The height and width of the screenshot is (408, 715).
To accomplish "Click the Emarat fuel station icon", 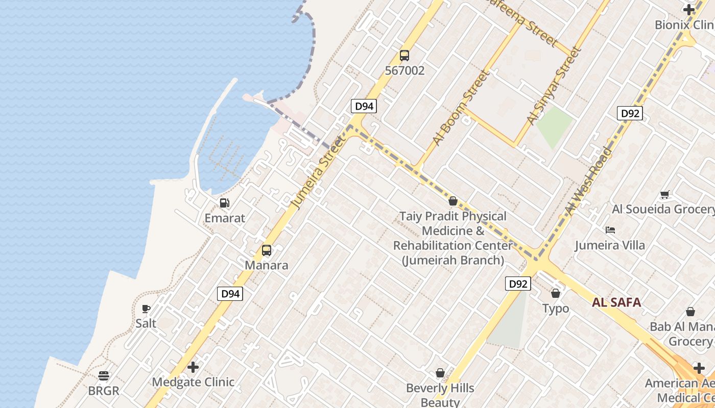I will [x=224, y=203].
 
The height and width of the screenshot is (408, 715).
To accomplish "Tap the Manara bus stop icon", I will [x=266, y=250].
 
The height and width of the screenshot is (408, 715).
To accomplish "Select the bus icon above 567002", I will [x=404, y=56].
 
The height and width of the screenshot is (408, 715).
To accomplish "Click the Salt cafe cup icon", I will [x=146, y=309].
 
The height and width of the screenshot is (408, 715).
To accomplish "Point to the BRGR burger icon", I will [x=104, y=376].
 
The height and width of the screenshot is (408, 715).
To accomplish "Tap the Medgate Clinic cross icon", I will [x=193, y=367].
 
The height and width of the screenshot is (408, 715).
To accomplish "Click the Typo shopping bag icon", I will [x=556, y=293].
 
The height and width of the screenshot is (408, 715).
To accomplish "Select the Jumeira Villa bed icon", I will [x=610, y=230].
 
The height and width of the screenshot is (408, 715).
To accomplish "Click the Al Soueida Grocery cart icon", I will [x=664, y=194].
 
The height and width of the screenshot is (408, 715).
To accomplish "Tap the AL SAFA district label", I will [x=616, y=302].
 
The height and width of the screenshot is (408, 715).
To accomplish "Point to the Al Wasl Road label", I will [x=588, y=182].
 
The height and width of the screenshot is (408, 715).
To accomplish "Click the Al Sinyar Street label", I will [x=555, y=86].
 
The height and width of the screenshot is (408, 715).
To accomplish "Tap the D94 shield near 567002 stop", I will [x=364, y=106].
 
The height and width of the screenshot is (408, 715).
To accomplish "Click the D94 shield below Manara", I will [x=230, y=294].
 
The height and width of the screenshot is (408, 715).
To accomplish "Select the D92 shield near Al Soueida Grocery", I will [x=629, y=113].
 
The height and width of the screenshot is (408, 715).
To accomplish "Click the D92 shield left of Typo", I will [x=518, y=284].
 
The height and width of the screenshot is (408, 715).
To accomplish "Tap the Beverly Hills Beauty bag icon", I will [x=440, y=373].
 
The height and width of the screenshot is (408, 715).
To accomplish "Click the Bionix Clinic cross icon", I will [x=688, y=9].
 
